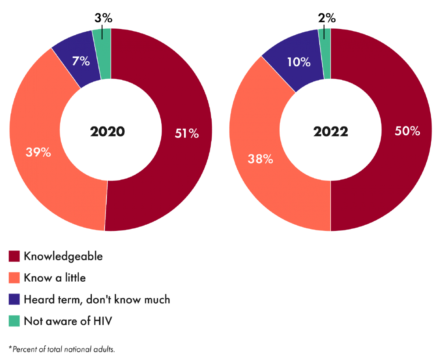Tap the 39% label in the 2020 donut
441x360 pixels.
click(38, 152)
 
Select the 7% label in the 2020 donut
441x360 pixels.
click(81, 61)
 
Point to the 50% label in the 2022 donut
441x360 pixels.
click(408, 131)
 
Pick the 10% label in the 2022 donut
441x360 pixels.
click(299, 62)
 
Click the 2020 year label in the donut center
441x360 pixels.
click(108, 132)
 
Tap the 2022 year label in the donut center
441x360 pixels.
click(330, 132)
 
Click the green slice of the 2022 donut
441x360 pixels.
click(326, 55)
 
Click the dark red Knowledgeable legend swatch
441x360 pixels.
click(14, 257)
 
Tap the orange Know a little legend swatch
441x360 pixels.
click(14, 278)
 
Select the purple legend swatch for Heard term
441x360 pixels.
click(14, 300)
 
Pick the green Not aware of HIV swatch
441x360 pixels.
click(14, 321)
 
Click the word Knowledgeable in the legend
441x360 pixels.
click(63, 257)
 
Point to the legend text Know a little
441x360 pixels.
click(55, 278)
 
